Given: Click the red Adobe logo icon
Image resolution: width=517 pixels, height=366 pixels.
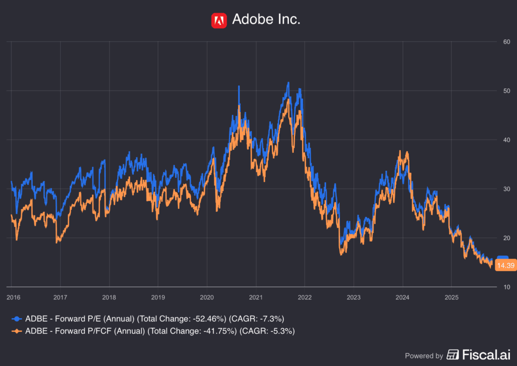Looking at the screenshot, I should click(219, 20).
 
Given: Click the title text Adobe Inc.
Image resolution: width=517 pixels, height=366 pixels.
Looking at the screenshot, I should click(266, 20).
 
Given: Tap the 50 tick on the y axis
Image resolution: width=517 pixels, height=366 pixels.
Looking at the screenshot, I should click(505, 91).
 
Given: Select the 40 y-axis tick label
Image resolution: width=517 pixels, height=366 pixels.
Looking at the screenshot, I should click(505, 140).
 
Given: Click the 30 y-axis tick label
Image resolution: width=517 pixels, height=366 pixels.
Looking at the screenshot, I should click(505, 189).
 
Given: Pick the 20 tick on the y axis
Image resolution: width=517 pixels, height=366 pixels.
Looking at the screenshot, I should click(505, 238).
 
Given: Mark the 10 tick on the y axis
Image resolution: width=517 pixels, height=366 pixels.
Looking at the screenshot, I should click(505, 287).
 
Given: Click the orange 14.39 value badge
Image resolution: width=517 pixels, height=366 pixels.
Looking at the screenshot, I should click(504, 266).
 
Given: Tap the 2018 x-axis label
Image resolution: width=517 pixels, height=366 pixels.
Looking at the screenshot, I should click(109, 297).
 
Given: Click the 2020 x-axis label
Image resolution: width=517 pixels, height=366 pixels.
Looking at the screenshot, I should click(207, 297).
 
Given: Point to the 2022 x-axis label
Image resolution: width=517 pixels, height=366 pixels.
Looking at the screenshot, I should click(304, 297).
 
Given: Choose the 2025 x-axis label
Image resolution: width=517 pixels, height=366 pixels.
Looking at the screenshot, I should click(451, 297).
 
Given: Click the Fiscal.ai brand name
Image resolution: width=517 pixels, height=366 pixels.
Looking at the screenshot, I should click(480, 355).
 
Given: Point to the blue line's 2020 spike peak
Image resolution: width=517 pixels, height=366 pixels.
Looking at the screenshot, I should click(239, 87).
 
